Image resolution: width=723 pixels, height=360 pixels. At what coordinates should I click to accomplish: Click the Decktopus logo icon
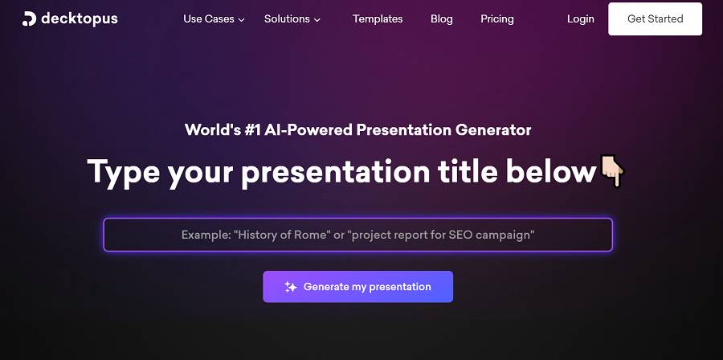(x=29, y=19)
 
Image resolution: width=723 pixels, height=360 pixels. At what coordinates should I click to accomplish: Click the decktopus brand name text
(x=80, y=19)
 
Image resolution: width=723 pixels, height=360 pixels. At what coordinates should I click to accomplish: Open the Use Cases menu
(x=209, y=19)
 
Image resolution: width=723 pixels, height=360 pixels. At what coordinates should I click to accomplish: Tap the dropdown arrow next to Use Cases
(x=241, y=20)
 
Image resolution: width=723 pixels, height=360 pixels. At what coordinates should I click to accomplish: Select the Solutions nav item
(x=287, y=19)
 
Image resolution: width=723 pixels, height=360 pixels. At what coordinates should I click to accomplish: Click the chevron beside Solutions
(x=317, y=20)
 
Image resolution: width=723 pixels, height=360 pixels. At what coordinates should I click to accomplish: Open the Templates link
(x=378, y=19)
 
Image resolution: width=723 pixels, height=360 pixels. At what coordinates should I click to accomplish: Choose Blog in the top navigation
(x=442, y=19)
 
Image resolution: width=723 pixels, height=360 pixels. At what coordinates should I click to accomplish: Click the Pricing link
(x=497, y=19)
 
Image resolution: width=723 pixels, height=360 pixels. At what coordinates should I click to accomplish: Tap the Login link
(x=581, y=19)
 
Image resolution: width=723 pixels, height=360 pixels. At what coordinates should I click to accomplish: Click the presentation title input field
(x=357, y=235)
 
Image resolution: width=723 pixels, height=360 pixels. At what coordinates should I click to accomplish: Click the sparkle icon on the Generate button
(x=291, y=287)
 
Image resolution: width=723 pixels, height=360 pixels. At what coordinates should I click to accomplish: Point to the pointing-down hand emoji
(x=612, y=170)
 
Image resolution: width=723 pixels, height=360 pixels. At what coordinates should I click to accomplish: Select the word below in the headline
(x=551, y=171)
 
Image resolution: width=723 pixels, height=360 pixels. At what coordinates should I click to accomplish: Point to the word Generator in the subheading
(x=493, y=130)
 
